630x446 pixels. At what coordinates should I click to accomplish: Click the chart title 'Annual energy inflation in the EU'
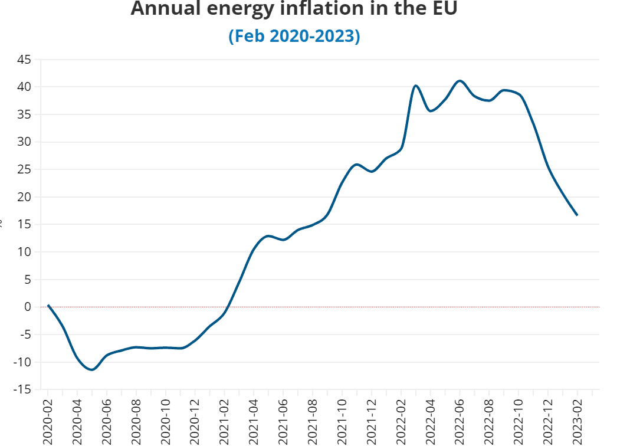click(x=294, y=9)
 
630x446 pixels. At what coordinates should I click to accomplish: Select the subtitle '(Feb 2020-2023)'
click(x=294, y=36)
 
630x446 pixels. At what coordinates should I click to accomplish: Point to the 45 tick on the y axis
click(x=24, y=60)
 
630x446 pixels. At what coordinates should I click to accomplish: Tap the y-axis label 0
click(x=28, y=307)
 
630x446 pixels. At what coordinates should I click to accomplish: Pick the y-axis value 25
click(x=24, y=170)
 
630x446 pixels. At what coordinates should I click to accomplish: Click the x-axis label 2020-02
click(x=48, y=420)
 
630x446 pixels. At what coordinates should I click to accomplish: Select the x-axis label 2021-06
click(x=284, y=420)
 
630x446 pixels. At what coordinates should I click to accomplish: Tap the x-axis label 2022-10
click(x=519, y=420)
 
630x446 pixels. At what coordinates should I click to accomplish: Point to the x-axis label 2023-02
click(x=577, y=420)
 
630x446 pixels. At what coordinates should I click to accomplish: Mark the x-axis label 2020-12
click(x=195, y=420)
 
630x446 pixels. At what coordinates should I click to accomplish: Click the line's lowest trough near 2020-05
click(x=92, y=370)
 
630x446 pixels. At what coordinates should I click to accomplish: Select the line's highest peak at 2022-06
click(x=460, y=81)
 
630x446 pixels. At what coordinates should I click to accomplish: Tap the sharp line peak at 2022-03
click(x=416, y=86)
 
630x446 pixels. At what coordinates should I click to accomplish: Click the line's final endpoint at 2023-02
click(x=577, y=215)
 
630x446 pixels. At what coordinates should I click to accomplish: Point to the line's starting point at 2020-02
click(x=48, y=305)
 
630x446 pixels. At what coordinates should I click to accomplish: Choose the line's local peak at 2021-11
click(x=357, y=165)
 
